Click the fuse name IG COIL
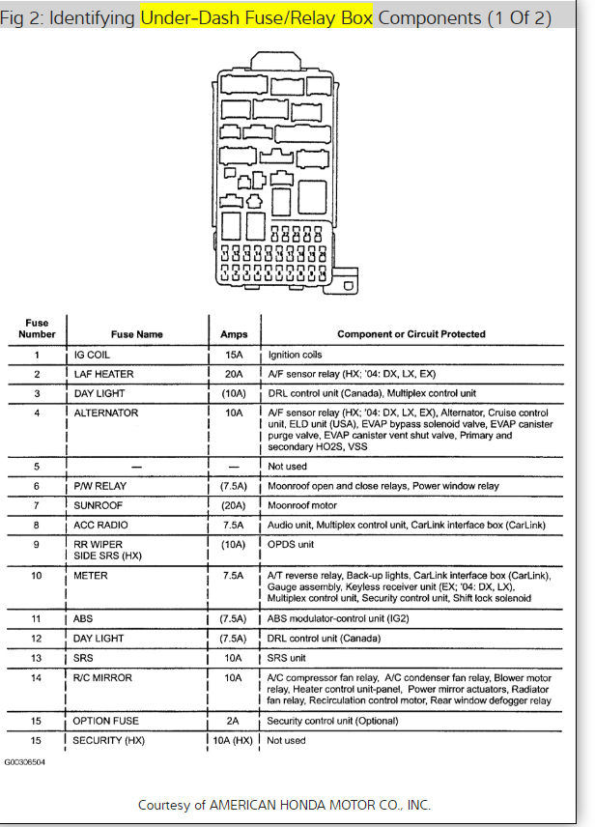coord(92,355)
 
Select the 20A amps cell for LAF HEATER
coord(234,374)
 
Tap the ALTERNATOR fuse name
coord(106,413)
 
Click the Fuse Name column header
coord(137,334)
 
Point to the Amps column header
coord(234,334)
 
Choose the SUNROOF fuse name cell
coord(100,505)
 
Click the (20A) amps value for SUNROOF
coord(234,505)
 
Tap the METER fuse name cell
coord(91,576)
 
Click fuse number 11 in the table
coord(37,618)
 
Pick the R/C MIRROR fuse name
coord(103,677)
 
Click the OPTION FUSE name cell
coord(106,721)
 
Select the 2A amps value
coord(234,721)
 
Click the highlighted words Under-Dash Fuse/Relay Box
coord(256,17)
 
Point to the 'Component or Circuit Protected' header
coord(411,334)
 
